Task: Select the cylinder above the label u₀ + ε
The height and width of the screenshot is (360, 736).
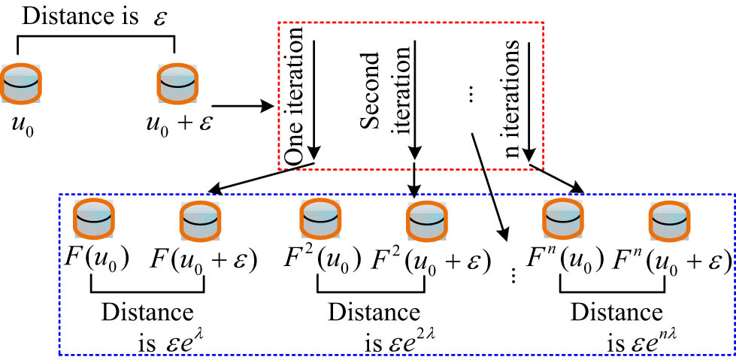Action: (174, 84)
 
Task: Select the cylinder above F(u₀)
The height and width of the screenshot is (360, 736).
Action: (92, 219)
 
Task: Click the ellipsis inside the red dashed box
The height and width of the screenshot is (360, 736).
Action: (471, 95)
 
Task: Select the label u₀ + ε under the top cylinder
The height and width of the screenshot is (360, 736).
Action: (178, 123)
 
